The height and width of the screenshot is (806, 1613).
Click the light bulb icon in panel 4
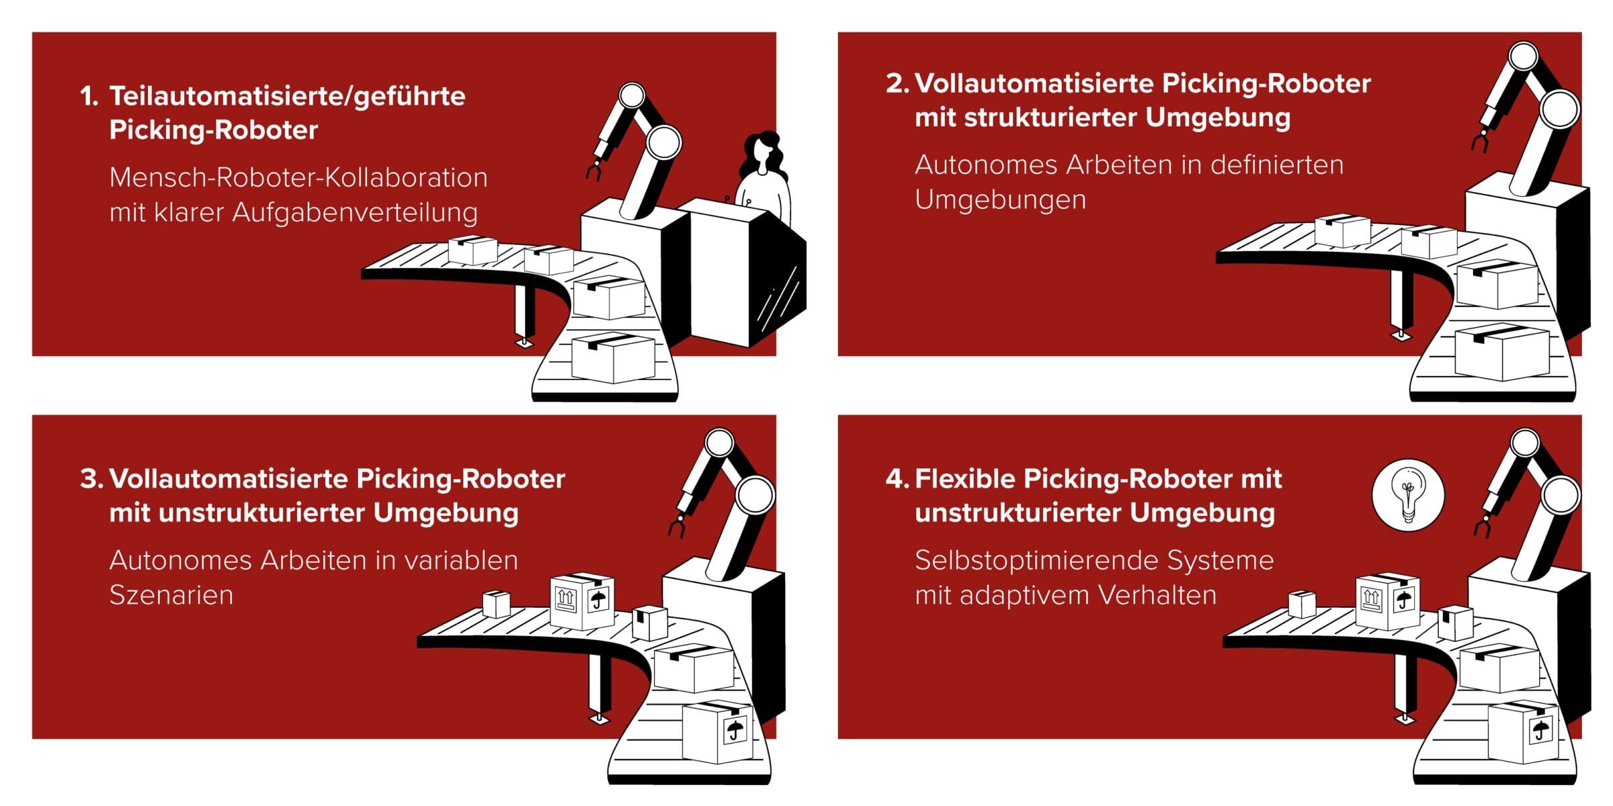pos(1407,496)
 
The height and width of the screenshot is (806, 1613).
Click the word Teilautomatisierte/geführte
pos(288,96)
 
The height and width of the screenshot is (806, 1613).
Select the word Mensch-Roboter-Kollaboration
pos(298,178)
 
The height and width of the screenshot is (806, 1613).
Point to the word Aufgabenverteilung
pos(355,213)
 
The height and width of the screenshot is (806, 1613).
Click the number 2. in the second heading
pos(897,84)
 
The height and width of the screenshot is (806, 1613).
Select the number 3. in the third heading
pos(91,480)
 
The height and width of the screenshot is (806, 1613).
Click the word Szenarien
pos(171,596)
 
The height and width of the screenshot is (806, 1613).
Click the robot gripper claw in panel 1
pos(594,168)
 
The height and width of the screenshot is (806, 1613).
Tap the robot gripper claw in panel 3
pos(677,525)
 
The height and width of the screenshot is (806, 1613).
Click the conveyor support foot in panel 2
pos(1401,334)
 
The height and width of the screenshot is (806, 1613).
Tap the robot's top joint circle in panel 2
pos(1523,57)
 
